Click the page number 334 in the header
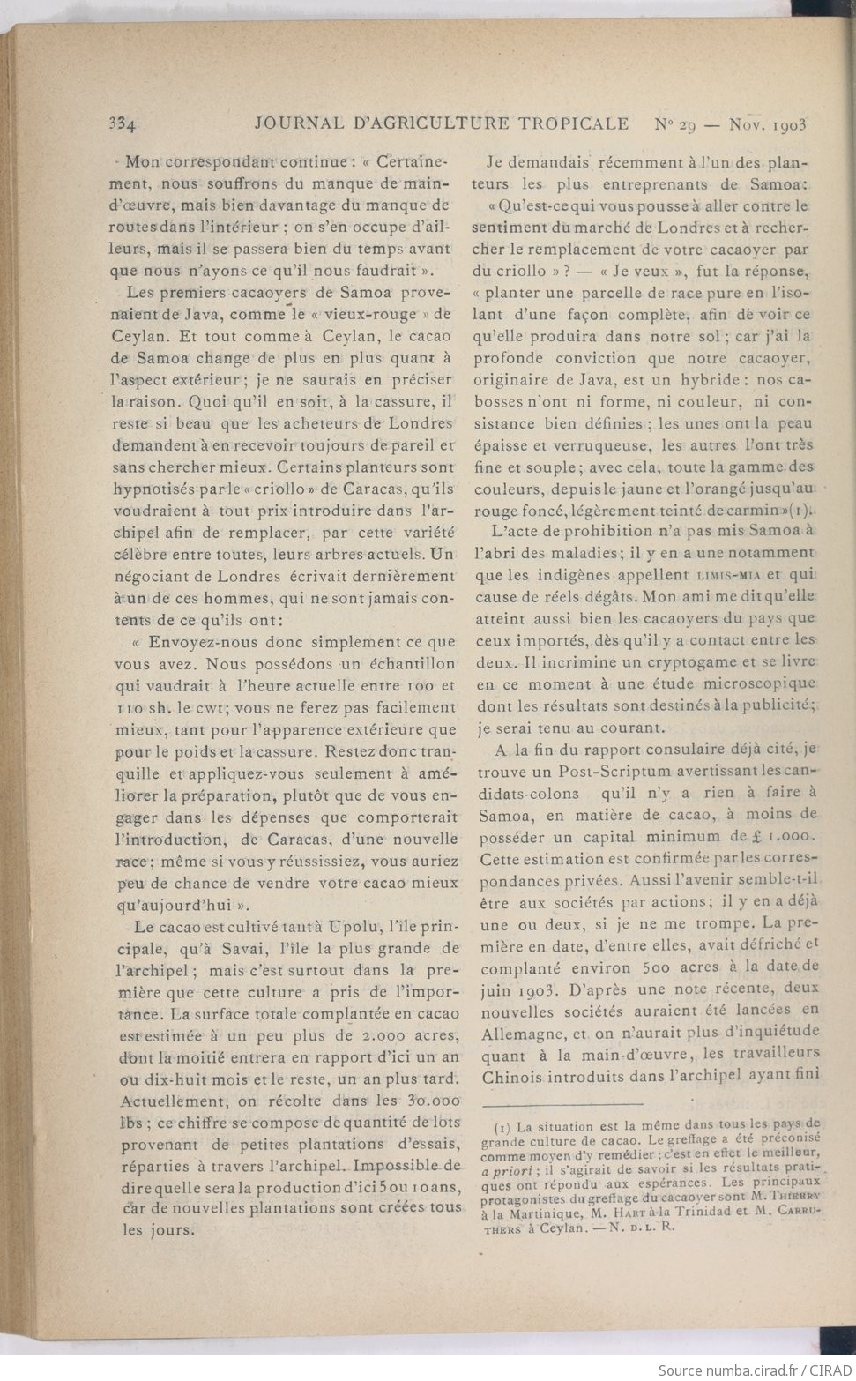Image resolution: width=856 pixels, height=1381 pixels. [120, 124]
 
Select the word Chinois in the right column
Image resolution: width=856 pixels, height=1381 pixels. [510, 1077]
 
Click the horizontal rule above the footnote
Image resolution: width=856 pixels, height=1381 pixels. [562, 1104]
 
